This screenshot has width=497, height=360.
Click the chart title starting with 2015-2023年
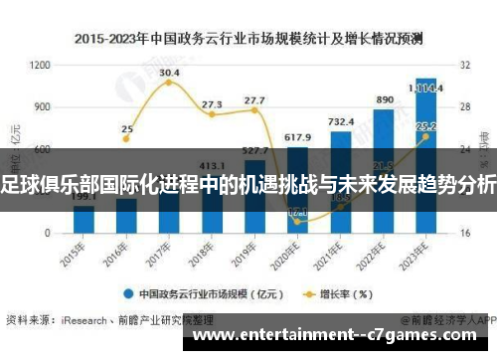tap(248, 39)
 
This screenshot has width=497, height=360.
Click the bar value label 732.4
tap(341, 121)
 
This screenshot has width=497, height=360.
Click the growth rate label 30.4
tap(169, 73)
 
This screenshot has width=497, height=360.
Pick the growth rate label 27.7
tap(254, 100)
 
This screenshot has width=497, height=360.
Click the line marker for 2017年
tap(169, 83)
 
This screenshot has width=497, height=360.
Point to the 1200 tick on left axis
tap(40, 64)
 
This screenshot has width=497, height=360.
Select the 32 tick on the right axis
tap(464, 64)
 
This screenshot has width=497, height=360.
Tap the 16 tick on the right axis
tap(464, 234)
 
